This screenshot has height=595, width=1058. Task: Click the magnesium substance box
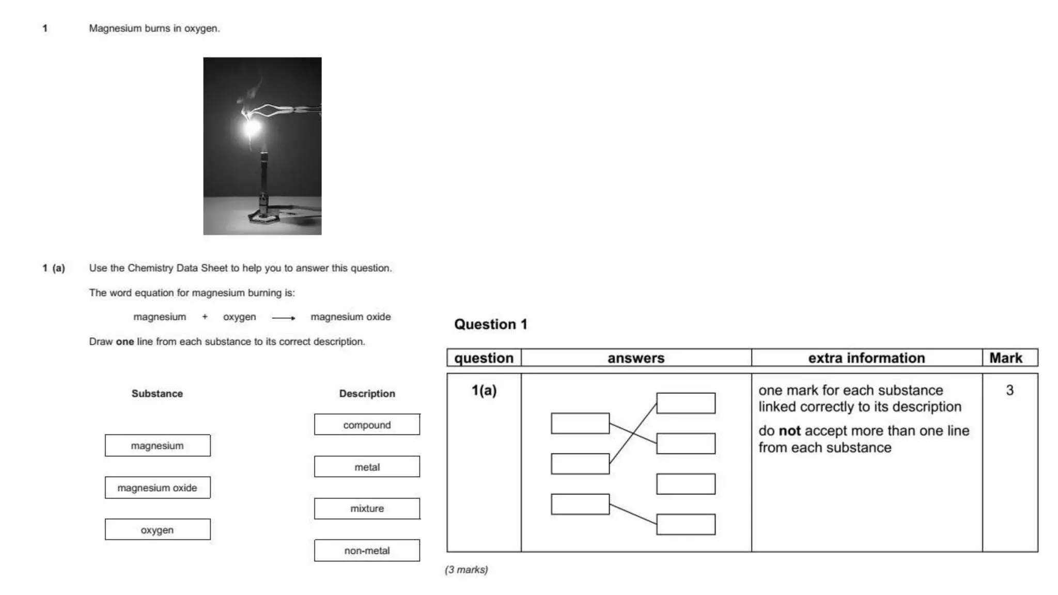[158, 445]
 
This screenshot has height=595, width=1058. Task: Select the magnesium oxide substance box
[158, 488]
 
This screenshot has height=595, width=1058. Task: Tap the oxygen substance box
[158, 529]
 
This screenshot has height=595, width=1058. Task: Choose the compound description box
[367, 425]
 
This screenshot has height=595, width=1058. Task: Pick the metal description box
[367, 467]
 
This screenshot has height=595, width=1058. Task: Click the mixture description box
[367, 508]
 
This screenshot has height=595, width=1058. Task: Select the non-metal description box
[367, 551]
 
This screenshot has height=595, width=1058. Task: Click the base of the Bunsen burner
[264, 216]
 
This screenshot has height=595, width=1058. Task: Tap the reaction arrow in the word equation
[284, 318]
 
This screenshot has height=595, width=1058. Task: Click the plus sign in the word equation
[205, 317]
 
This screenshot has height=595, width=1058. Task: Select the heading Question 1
[490, 324]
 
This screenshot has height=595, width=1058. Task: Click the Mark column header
[1005, 358]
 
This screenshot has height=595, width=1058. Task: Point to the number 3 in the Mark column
[1009, 390]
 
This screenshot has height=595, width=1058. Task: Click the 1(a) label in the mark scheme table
[484, 390]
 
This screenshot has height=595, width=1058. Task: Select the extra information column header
[866, 358]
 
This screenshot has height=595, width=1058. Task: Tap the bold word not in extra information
[789, 431]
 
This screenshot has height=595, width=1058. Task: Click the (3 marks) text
[466, 570]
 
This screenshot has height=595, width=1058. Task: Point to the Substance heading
[157, 394]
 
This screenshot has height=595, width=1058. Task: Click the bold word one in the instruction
[125, 341]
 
